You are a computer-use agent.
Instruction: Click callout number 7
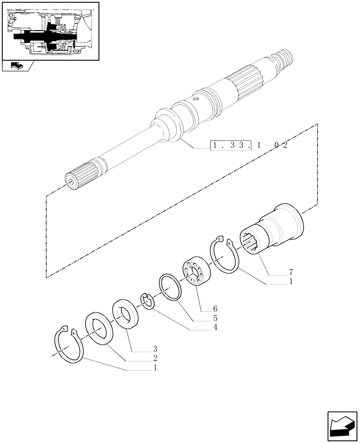(290, 271)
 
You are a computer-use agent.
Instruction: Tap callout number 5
(202, 318)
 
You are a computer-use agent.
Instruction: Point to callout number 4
(202, 328)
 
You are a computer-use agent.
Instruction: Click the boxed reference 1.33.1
(230, 145)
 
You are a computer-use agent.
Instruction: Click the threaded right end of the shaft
(284, 58)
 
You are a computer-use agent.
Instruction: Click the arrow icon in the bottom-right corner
(342, 427)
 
